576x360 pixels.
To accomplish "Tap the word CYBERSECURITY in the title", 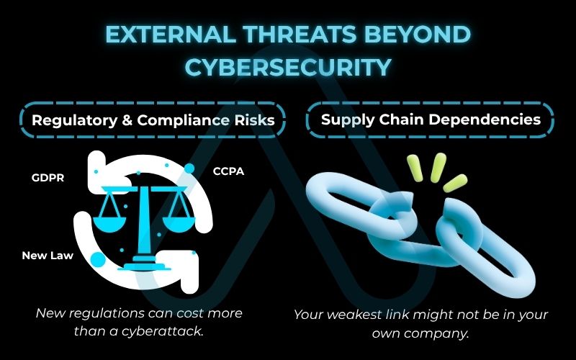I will point(288,66).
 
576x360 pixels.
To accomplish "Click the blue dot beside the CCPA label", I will point(189,168).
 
